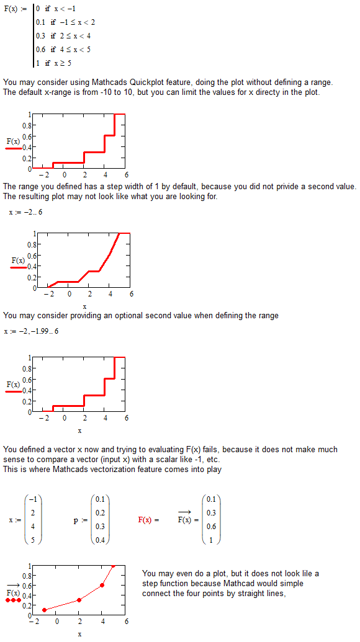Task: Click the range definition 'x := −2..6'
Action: point(25,212)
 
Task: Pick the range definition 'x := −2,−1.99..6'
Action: point(31,331)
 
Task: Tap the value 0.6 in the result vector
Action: point(211,527)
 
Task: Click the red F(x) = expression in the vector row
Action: point(148,520)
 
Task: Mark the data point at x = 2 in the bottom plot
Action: point(79,600)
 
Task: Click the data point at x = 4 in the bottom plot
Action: point(102,585)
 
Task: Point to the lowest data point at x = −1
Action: point(44,610)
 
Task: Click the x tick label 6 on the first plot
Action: point(126,174)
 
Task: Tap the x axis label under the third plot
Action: point(79,430)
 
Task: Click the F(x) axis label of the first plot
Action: point(13,141)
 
